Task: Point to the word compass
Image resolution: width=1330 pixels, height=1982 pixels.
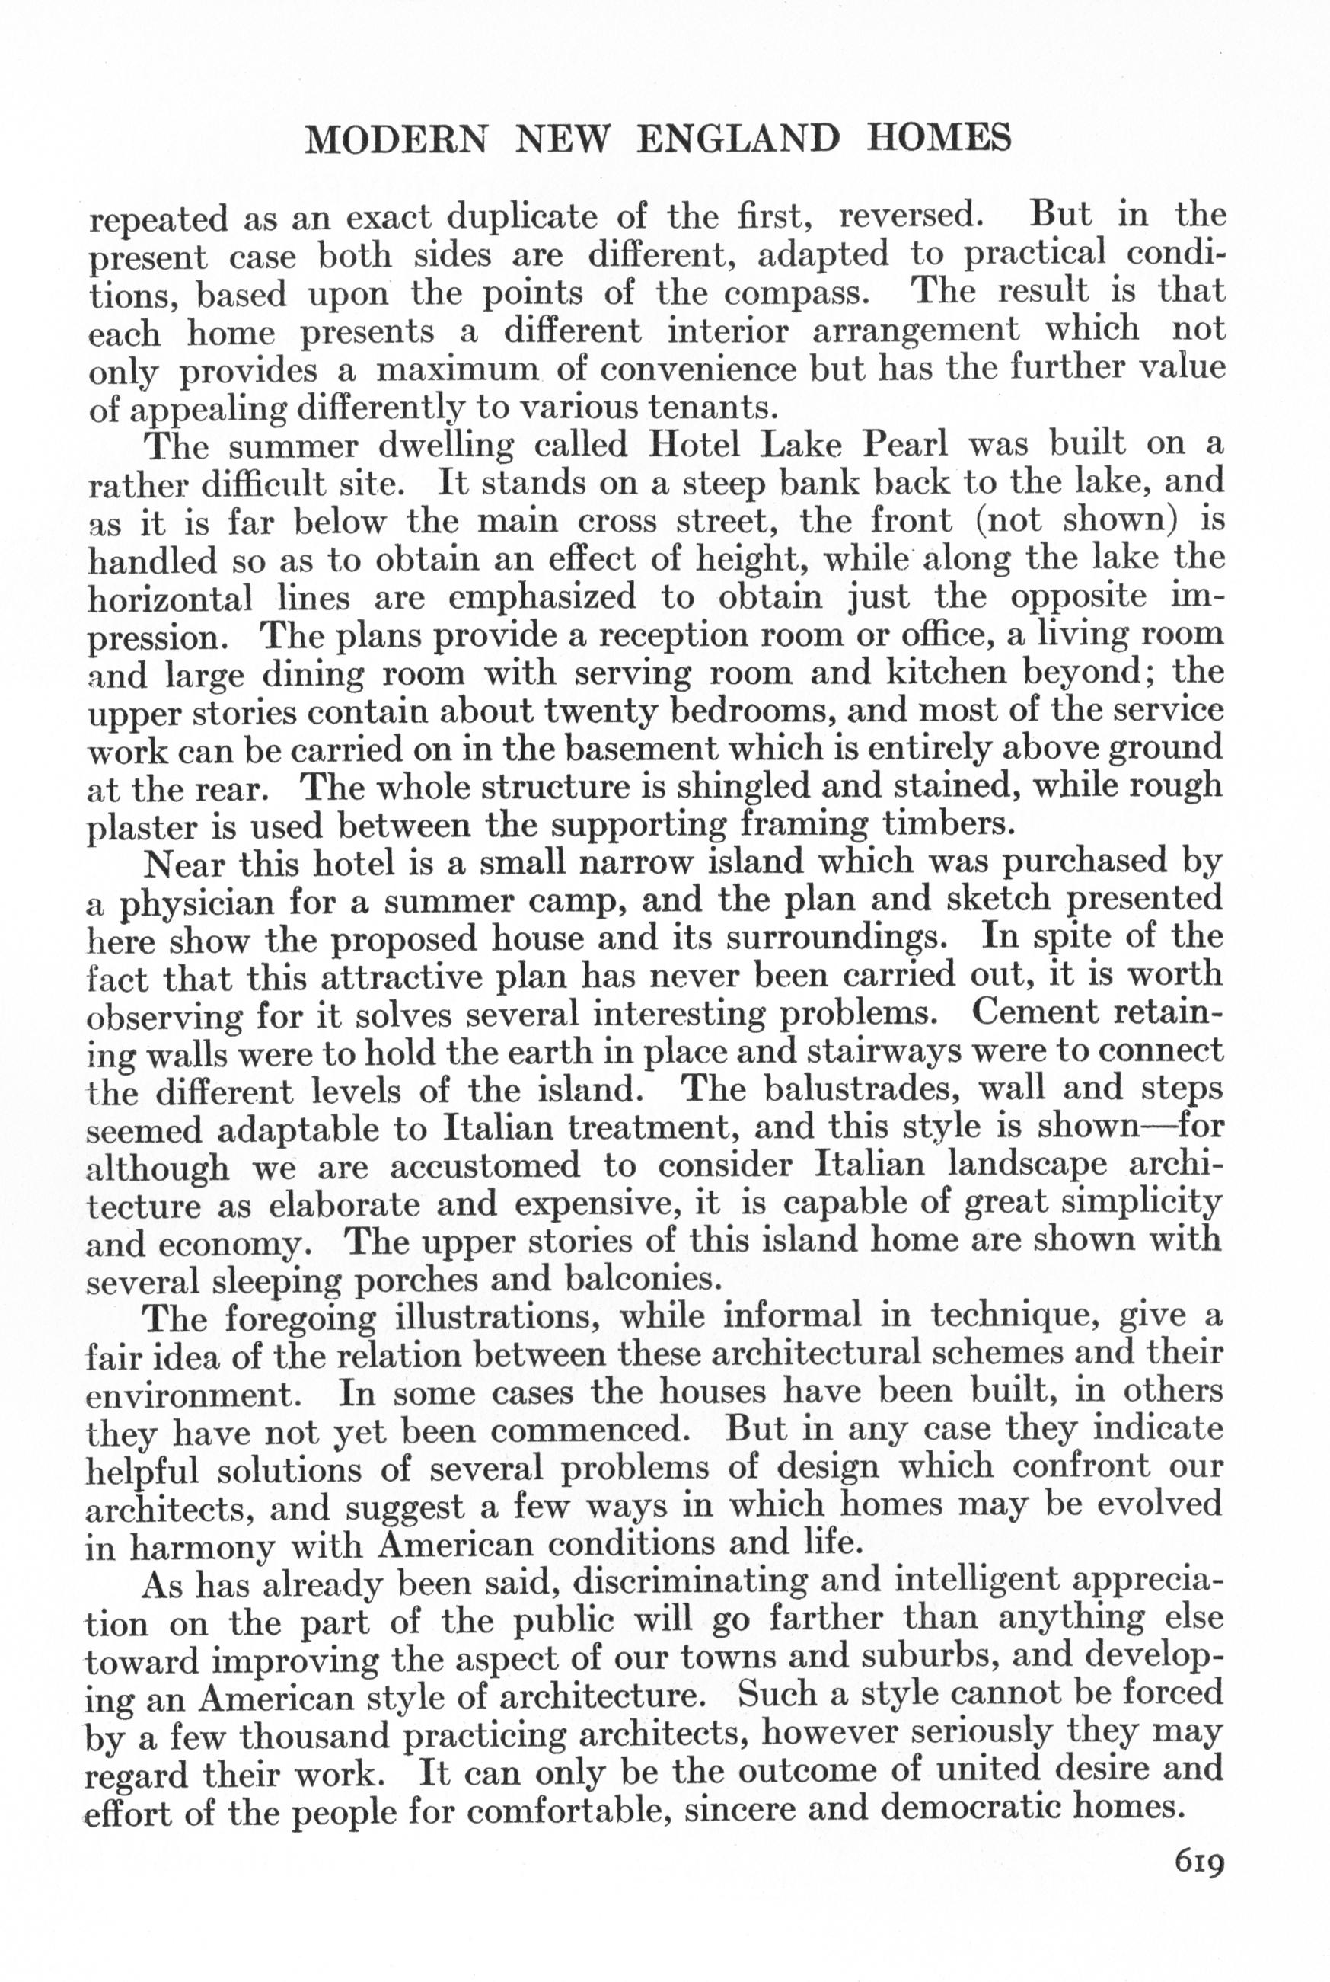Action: tap(796, 293)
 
